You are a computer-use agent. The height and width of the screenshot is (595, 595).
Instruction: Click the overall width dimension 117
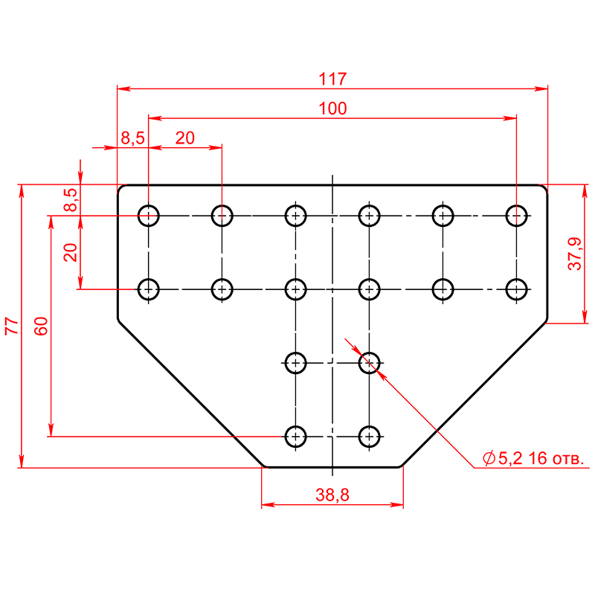pyautogui.click(x=332, y=79)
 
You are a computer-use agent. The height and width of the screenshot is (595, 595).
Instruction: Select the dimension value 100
pyautogui.click(x=332, y=109)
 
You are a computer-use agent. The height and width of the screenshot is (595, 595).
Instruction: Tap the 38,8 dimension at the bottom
pyautogui.click(x=332, y=495)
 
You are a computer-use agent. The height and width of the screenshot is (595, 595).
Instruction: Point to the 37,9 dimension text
pyautogui.click(x=574, y=254)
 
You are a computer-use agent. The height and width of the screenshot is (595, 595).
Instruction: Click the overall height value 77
pyautogui.click(x=12, y=326)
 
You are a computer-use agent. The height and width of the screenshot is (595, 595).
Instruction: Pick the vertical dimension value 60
pyautogui.click(x=41, y=326)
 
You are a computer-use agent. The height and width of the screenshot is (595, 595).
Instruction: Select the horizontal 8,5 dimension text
pyautogui.click(x=132, y=138)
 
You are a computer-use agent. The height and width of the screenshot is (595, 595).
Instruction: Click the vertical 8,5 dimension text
pyautogui.click(x=71, y=199)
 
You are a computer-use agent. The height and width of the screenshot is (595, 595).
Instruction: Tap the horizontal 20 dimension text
pyautogui.click(x=184, y=138)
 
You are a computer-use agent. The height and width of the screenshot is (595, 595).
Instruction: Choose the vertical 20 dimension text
pyautogui.click(x=71, y=252)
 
